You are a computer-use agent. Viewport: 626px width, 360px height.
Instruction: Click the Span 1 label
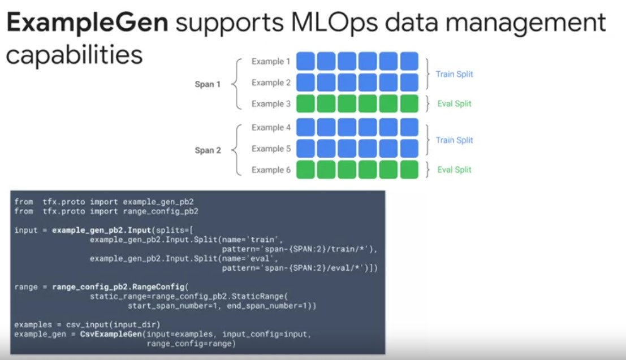208,84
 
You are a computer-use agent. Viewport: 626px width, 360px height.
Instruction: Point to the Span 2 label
208,150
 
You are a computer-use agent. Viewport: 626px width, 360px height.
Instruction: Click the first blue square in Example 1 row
305,61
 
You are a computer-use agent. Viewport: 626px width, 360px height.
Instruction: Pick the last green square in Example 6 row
409,170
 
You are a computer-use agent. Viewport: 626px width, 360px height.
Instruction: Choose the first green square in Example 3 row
305,104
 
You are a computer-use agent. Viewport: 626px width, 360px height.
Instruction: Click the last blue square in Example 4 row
409,127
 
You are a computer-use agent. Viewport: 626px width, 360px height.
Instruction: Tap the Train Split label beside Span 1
454,74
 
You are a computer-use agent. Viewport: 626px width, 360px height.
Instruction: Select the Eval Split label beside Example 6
454,170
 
